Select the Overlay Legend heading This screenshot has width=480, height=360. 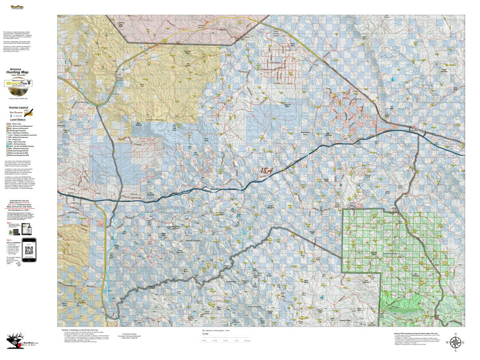pyautogui.click(x=19, y=108)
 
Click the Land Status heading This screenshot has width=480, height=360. pyautogui.click(x=18, y=120)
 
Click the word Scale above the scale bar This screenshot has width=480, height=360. pyautogui.click(x=205, y=334)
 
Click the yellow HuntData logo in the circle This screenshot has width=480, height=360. pyautogui.click(x=18, y=83)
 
